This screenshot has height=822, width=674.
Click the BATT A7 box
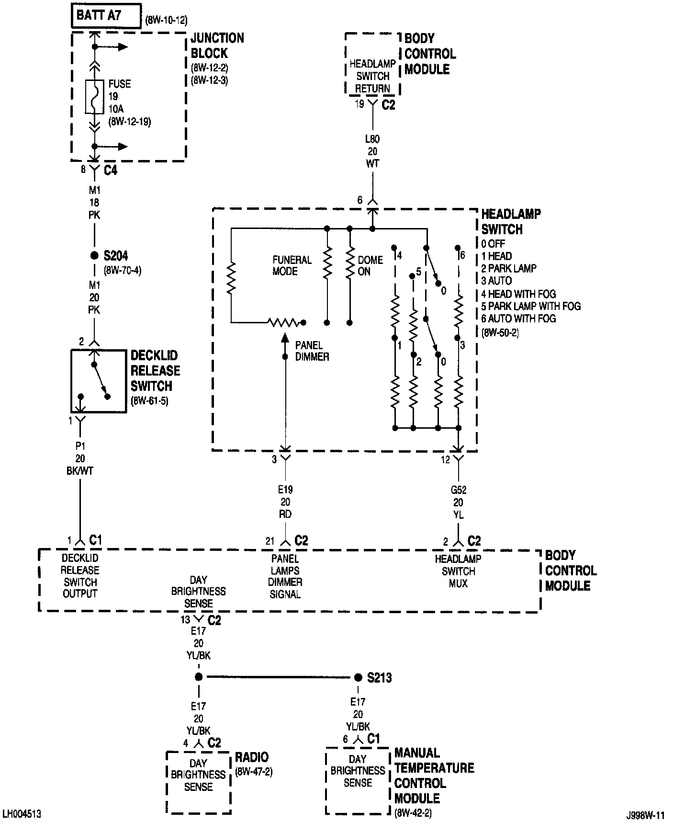pos(106,16)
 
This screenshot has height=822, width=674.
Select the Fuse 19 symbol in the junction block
pos(95,96)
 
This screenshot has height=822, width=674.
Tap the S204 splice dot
pos(94,255)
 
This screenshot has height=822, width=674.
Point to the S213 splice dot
pos(358,677)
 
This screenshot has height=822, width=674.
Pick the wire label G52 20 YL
pos(458,502)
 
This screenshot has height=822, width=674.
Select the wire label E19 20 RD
pos(285,502)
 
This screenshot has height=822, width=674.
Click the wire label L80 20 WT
pos(372,151)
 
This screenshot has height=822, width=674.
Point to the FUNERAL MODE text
pos(292,265)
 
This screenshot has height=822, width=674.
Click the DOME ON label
pos(370,265)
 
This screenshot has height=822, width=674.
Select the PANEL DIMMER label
pos(312,351)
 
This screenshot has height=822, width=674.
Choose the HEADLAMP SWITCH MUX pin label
pos(458,571)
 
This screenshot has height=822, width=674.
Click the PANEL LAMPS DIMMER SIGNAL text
pos(285,576)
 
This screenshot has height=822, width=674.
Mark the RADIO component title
pos(252,757)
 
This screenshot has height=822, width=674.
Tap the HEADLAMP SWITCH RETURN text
pos(372,76)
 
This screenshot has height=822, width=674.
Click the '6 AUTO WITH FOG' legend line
pos(518,319)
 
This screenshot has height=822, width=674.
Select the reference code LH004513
pos(22,814)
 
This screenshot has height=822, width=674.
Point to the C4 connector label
pos(110,170)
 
